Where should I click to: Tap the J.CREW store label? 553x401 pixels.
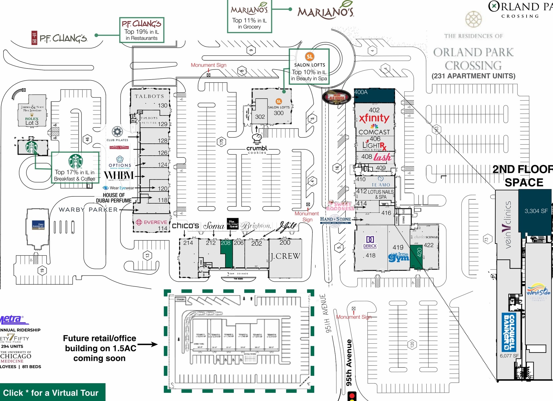[285, 256]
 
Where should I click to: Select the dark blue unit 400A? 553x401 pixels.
[374, 95]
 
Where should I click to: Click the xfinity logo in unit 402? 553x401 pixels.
[374, 118]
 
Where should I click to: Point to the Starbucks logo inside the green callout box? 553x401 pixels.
[75, 161]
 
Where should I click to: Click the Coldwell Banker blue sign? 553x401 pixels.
[509, 332]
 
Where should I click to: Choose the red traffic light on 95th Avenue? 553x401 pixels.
[352, 396]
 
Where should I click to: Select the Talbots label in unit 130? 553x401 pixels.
[149, 96]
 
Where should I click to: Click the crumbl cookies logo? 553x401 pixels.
[257, 149]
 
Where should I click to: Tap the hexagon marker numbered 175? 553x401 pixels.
[221, 142]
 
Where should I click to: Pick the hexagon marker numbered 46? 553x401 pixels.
[87, 139]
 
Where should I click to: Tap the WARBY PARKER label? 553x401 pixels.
[88, 210]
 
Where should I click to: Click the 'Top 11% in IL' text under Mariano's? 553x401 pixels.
[249, 21]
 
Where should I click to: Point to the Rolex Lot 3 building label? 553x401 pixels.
[32, 121]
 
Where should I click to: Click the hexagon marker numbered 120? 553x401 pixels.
[412, 344]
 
